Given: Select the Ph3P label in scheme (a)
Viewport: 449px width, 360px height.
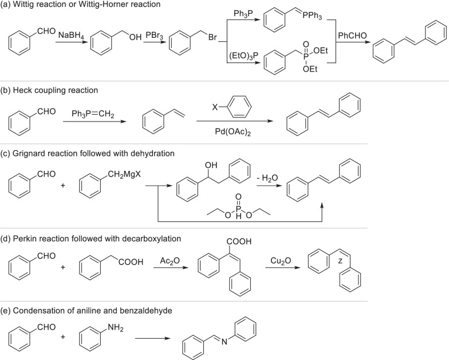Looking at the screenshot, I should (x=243, y=14).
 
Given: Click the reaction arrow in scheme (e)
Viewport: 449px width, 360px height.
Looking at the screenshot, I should (x=153, y=339).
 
